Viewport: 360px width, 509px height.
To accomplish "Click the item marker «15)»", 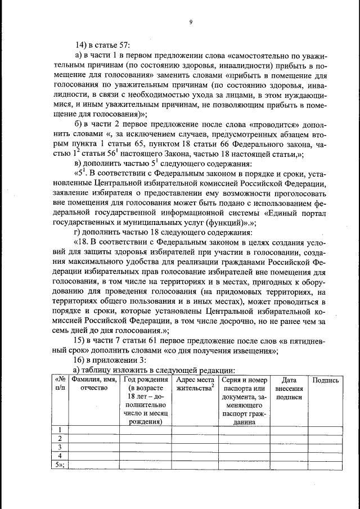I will (82, 341).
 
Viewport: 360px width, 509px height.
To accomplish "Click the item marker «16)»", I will (82, 361).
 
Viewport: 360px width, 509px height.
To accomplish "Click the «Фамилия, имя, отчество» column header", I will (93, 384).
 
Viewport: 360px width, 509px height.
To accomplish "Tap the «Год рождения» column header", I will (145, 380).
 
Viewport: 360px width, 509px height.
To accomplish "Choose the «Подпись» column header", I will (325, 380).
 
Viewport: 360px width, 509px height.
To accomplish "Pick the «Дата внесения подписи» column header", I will (289, 388).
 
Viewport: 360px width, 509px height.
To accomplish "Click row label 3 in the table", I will (59, 447).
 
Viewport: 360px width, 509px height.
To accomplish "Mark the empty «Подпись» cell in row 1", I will (325, 430).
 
